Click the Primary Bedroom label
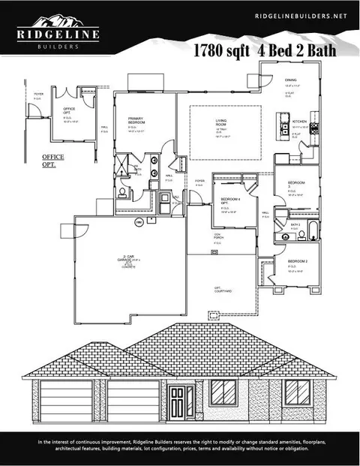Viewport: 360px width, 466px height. coord(136,120)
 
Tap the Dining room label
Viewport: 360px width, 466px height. coord(290,80)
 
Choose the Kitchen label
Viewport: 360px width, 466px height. coord(300,121)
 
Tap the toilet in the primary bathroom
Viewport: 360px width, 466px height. coord(121,192)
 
